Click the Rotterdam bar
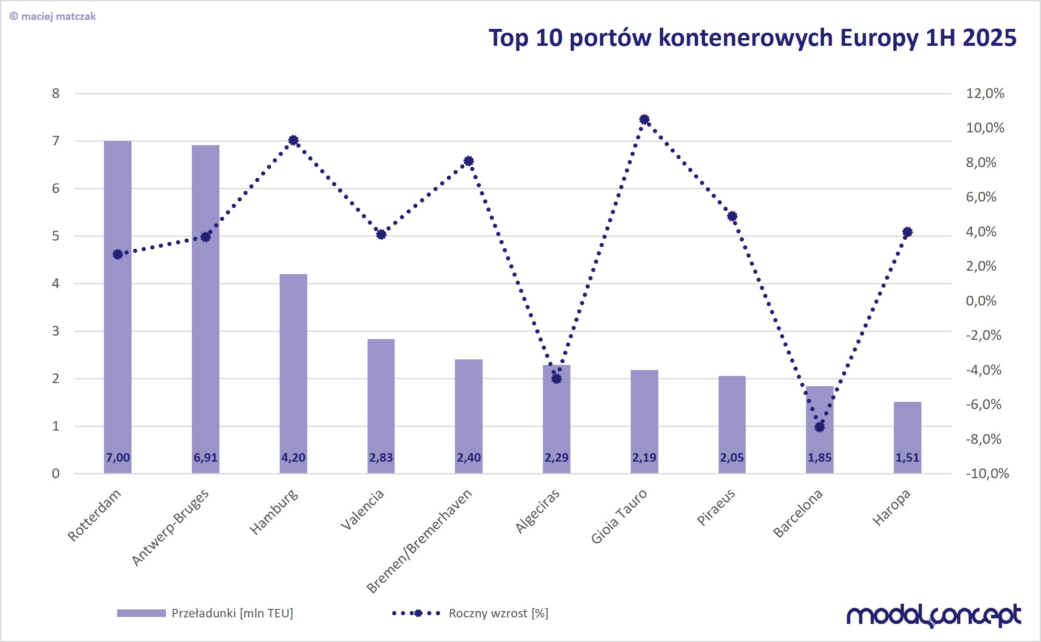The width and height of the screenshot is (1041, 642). pos(118,306)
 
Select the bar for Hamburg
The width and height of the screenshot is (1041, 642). pos(293,374)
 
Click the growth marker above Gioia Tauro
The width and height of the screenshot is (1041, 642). pos(644,120)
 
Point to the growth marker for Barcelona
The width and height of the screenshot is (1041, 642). pos(819,427)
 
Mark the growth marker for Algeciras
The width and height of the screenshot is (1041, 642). pos(556,378)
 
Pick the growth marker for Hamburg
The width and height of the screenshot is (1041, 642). pos(293,140)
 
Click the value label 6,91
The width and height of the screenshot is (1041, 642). pos(205,458)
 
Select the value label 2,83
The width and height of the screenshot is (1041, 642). pos(381,458)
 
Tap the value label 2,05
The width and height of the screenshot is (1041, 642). pos(732,458)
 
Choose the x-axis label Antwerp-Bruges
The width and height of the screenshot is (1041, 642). pos(170,527)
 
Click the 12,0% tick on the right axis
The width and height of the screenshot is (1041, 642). pos(985,93)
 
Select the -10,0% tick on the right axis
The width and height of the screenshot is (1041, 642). pos(987,474)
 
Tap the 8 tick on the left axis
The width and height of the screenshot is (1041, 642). pos(56,93)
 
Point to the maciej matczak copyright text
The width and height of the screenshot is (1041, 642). pos(53,17)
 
